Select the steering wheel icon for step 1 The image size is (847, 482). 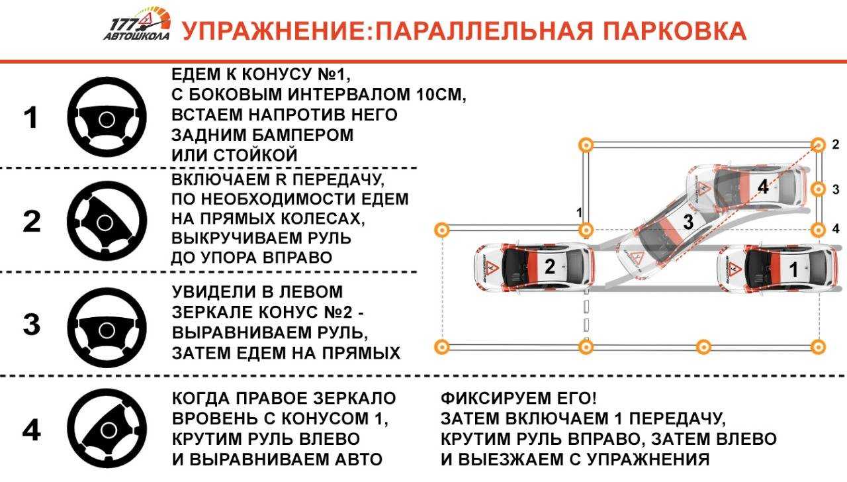107,117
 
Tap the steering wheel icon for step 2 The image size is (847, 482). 107,221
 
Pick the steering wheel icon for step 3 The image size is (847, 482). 107,328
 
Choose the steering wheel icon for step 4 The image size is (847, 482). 107,428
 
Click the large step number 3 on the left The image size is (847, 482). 31,324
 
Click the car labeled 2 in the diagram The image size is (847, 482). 533,267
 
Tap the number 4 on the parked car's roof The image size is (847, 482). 763,187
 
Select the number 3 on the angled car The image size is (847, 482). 688,222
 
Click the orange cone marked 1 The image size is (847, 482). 586,230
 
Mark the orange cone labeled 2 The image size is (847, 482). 819,145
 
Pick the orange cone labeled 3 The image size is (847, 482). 819,189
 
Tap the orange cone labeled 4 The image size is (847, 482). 819,230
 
